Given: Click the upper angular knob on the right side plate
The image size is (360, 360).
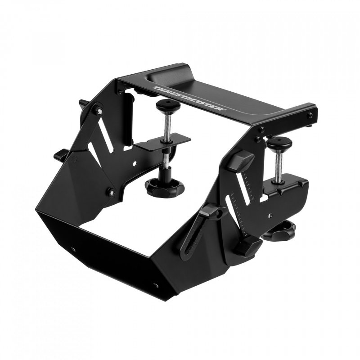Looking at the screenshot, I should coord(241,160).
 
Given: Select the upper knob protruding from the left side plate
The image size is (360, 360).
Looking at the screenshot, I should coord(84,104).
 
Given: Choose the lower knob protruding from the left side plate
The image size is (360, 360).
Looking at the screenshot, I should coord(61,156).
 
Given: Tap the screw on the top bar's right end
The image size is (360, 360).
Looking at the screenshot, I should coord(310,116).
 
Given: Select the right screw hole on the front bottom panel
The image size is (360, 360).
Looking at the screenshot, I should coord(156,285).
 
